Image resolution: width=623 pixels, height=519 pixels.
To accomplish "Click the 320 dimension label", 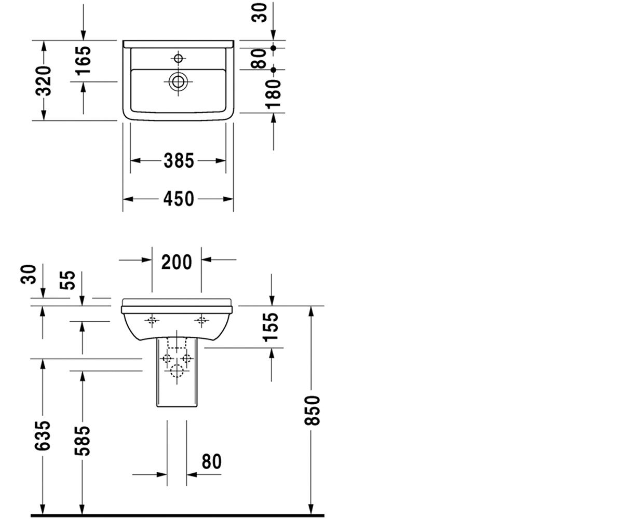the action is click(43, 81).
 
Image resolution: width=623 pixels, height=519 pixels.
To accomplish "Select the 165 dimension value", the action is click(83, 61).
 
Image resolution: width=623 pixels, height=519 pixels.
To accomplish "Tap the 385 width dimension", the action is click(179, 161).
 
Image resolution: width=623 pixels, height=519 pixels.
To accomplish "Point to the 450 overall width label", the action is click(179, 199).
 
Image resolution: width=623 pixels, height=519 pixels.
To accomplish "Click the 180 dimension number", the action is click(273, 94).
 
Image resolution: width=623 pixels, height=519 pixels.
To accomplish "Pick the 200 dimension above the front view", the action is click(177, 262).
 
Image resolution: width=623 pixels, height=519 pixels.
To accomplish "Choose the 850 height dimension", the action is click(312, 411).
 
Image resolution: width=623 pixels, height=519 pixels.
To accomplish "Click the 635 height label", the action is click(43, 435).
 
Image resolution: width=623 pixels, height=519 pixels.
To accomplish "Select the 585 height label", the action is click(82, 441).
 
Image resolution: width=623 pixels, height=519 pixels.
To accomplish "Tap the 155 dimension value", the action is click(270, 326).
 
